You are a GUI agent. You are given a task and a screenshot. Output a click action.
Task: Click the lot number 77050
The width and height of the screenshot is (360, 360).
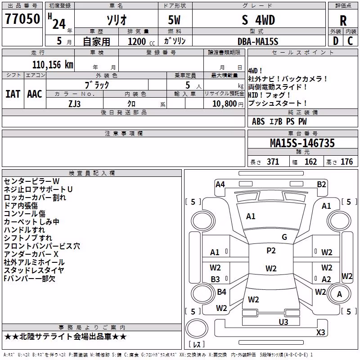[22, 19]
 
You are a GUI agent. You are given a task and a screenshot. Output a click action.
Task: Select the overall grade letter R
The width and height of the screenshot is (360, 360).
[343, 21]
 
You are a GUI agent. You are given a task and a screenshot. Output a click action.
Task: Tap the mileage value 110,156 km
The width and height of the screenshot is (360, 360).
[53, 65]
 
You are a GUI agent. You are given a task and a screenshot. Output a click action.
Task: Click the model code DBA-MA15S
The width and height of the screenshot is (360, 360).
[258, 41]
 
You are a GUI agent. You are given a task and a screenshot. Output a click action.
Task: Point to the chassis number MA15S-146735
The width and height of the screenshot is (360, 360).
[302, 143]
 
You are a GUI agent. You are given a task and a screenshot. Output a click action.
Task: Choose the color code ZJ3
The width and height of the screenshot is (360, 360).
[74, 104]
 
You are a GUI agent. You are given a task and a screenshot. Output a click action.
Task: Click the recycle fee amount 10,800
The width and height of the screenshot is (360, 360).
[224, 104]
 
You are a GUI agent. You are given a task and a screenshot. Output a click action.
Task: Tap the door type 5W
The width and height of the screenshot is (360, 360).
[174, 20]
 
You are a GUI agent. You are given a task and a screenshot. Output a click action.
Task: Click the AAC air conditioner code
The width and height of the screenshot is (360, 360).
[35, 94]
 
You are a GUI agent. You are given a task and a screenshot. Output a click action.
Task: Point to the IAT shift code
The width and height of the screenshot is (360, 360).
[13, 94]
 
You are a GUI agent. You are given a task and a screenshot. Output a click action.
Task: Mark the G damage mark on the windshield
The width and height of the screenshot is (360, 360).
[284, 237]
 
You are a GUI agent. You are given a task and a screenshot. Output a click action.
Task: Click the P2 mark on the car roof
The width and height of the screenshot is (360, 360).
[271, 251]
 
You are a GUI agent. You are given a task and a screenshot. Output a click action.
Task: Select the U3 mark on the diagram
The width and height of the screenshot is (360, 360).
[283, 322]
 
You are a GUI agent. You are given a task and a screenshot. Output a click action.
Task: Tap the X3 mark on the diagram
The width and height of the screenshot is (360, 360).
[320, 332]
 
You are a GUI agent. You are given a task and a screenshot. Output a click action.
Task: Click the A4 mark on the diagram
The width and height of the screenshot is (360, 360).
[220, 184]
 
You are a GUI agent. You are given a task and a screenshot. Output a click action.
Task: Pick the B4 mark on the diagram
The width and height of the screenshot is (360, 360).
[221, 292]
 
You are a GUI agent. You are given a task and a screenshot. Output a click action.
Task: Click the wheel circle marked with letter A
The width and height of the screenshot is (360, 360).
[339, 294]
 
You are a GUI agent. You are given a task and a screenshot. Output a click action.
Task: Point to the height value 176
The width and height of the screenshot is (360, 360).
[346, 162]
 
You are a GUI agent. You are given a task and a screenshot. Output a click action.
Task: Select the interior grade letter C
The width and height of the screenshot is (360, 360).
[350, 41]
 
